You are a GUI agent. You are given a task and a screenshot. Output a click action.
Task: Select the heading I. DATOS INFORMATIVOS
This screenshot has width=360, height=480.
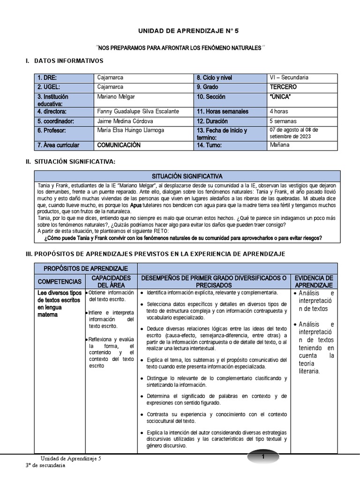[64, 61]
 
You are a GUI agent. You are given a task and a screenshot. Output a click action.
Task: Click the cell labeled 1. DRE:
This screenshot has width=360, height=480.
[47, 77]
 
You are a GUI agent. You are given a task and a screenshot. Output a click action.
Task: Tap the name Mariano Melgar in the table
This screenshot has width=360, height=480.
[116, 97]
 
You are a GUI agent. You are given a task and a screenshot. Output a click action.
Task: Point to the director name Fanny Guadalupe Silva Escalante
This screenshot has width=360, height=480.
[137, 112]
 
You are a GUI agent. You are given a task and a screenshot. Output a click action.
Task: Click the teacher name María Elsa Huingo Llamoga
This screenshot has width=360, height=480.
[130, 130]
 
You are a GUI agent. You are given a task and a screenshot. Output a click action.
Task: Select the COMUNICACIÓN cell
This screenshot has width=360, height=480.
[119, 145]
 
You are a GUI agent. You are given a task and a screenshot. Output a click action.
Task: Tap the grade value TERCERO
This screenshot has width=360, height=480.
[283, 87]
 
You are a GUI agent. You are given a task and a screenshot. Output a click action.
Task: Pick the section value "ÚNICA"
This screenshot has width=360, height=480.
[280, 97]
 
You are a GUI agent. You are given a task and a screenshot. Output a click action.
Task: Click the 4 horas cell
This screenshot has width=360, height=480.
[279, 112]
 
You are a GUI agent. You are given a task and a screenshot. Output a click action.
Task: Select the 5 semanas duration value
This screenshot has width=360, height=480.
[283, 121]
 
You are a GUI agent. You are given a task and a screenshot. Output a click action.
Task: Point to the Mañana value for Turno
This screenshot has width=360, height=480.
[280, 145]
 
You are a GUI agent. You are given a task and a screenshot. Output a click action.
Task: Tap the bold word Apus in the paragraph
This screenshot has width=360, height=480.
[135, 205]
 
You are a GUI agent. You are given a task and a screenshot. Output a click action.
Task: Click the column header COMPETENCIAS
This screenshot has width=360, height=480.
[60, 281]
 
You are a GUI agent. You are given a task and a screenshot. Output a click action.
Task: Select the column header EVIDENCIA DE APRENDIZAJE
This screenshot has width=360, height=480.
[314, 281]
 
